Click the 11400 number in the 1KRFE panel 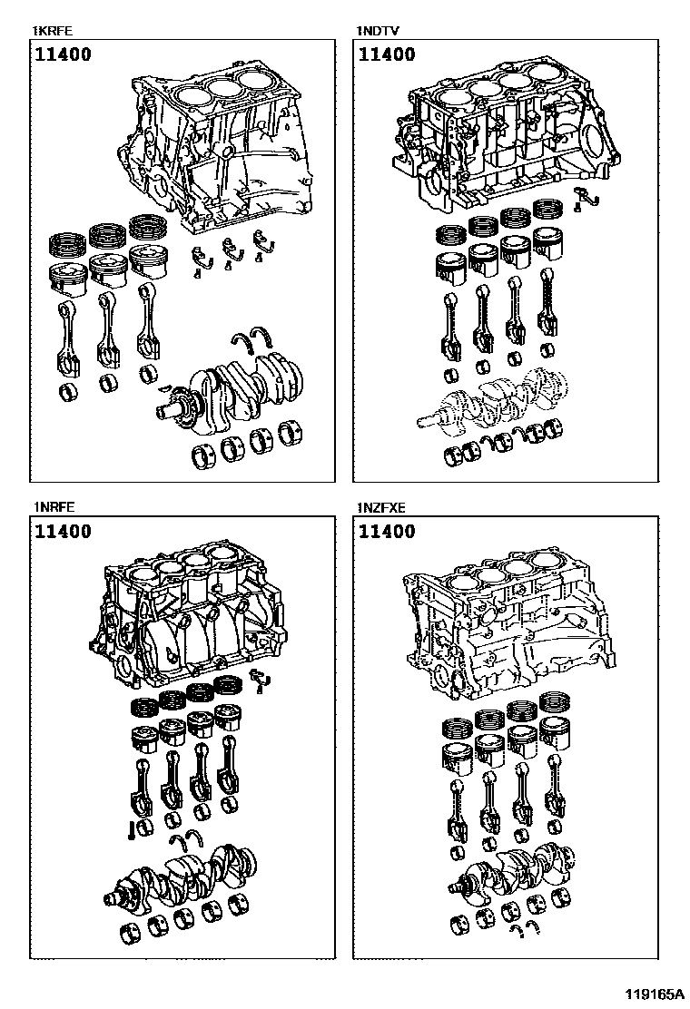point(64,54)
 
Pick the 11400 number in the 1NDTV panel point(387,54)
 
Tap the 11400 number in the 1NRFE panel point(64,532)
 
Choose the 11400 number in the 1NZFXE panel point(387,532)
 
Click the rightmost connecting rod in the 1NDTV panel point(547,309)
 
